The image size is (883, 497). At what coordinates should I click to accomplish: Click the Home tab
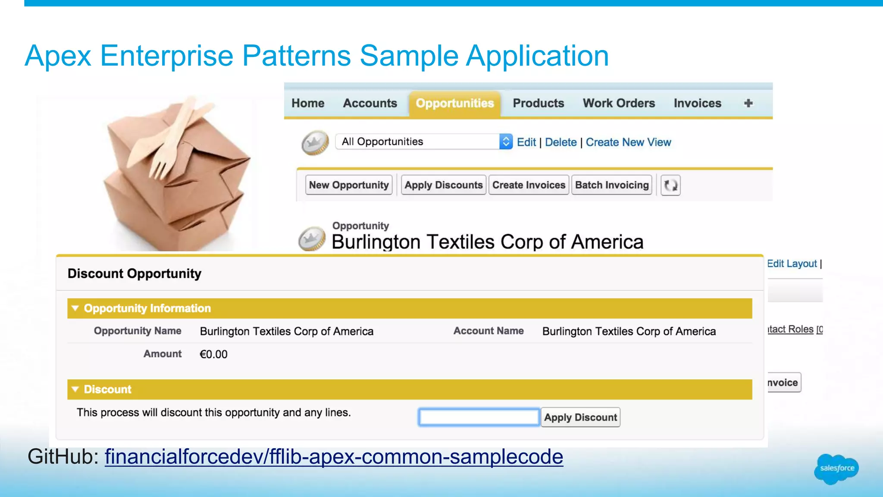coord(308,104)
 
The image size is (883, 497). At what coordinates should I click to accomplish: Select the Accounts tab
coord(370,104)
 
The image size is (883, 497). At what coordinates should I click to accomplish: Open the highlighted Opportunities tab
coord(455,104)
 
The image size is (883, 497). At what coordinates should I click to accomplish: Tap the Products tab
coord(539,104)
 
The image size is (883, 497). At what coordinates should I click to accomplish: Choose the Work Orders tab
coord(619,104)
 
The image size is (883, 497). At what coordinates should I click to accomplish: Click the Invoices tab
coord(697,104)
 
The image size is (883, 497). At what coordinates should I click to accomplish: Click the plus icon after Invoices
coord(748,104)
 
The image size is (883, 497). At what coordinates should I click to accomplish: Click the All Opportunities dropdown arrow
coord(506,142)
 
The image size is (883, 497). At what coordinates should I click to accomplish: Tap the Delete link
coord(560,142)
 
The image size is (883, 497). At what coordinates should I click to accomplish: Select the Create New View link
coord(628,142)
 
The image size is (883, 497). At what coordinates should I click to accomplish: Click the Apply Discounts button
coord(443,185)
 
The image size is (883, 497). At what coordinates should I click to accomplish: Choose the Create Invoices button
coord(529,185)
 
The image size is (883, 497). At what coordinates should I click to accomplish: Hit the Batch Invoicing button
coord(612,185)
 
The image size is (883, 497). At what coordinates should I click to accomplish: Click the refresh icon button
coord(670,186)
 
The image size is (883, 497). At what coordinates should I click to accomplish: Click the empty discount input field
coord(479,417)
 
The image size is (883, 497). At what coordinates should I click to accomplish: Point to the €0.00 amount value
coord(213,354)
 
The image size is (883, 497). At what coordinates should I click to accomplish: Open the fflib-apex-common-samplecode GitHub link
coord(334,457)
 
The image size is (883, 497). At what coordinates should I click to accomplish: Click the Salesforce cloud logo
coord(836,469)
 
